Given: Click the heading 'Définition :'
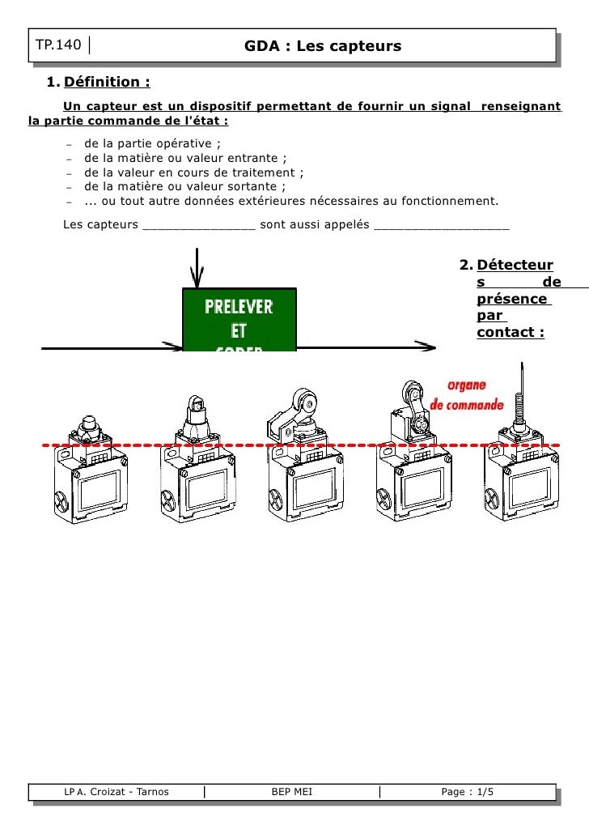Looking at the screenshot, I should click(107, 82).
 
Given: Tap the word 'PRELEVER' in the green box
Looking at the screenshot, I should click(239, 308).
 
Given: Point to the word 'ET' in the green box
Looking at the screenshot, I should click(239, 331).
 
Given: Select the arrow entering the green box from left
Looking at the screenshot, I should click(113, 348).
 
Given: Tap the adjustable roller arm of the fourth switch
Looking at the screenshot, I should click(413, 409).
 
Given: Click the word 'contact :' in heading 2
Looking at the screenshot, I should click(510, 332).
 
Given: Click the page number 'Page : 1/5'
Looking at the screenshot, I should click(467, 792).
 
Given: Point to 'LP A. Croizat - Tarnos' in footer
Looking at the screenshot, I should click(117, 792).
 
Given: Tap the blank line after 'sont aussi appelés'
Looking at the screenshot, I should click(442, 224).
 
